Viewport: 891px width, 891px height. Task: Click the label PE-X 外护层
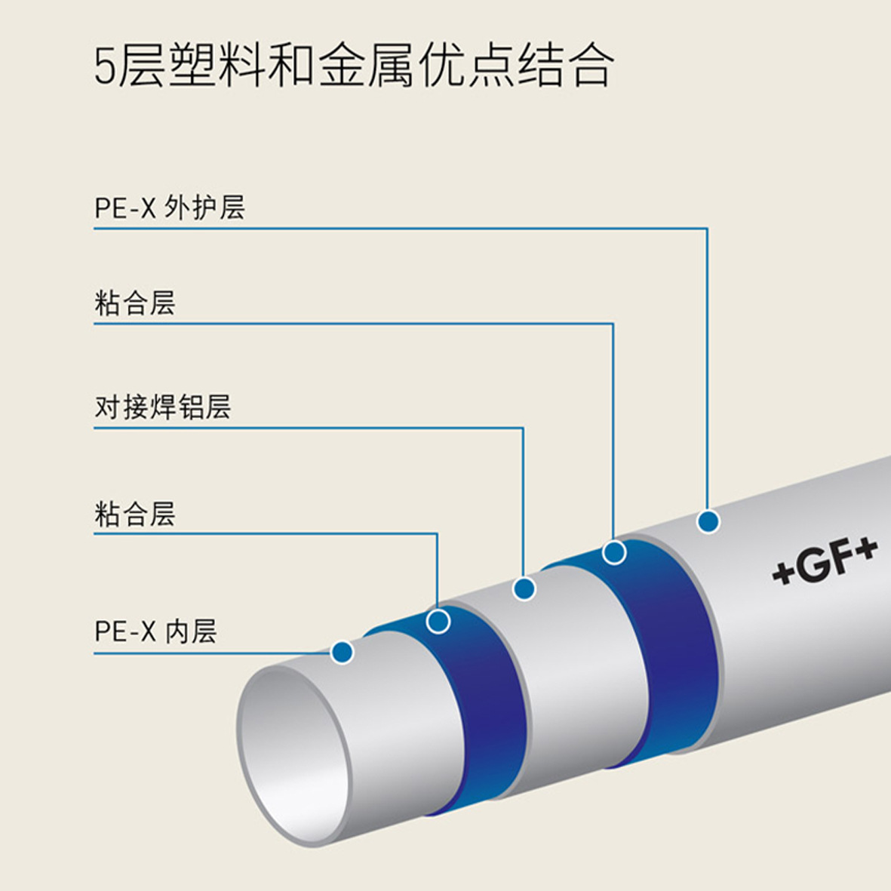pyautogui.click(x=170, y=207)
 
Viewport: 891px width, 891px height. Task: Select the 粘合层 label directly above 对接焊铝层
pyautogui.click(x=135, y=303)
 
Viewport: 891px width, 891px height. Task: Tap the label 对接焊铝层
pyautogui.click(x=162, y=407)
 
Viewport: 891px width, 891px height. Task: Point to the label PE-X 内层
pyautogui.click(x=155, y=631)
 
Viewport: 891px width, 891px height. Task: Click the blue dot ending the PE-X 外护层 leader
pyautogui.click(x=708, y=521)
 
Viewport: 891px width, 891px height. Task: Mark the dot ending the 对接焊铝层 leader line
pyautogui.click(x=524, y=588)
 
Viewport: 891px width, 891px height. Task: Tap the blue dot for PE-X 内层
pyautogui.click(x=342, y=652)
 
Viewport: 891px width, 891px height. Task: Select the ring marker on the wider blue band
pyautogui.click(x=614, y=552)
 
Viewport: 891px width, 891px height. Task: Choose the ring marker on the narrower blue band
pyautogui.click(x=438, y=621)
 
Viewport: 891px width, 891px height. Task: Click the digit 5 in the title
pyautogui.click(x=105, y=66)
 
